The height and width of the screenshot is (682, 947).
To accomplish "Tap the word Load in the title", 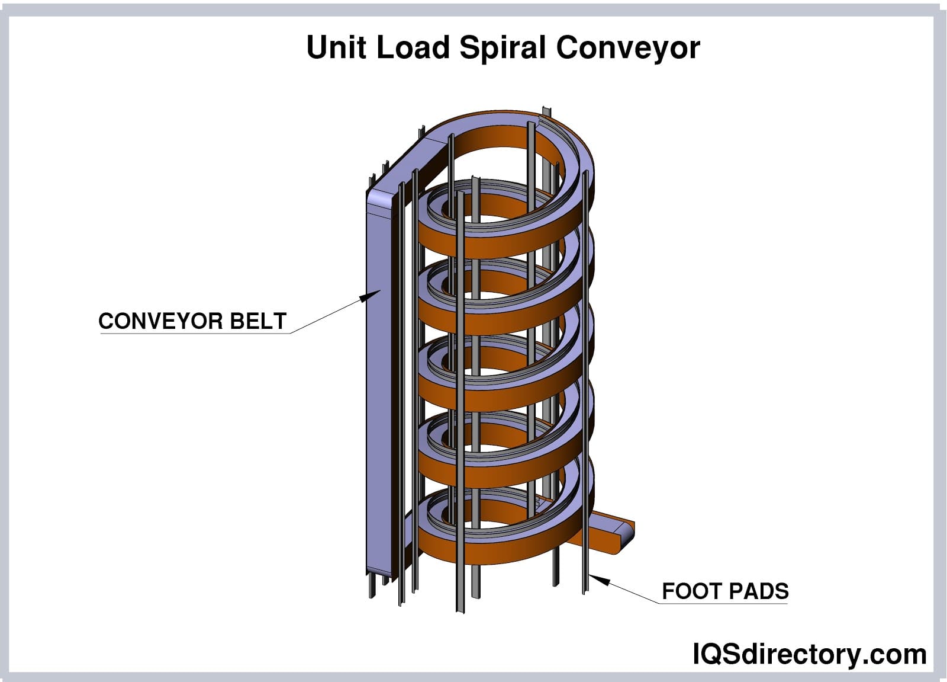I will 413,47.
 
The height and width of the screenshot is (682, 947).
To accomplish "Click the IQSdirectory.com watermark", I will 809,655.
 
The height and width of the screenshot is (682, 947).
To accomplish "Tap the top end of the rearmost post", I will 545,111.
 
